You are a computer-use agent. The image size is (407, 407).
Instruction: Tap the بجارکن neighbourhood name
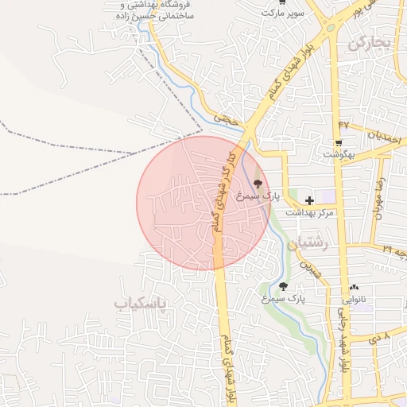point(370,44)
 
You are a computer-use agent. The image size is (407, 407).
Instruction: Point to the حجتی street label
point(231,118)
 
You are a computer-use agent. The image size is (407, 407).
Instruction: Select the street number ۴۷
point(343,124)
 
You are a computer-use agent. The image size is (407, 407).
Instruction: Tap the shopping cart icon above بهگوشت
point(339,143)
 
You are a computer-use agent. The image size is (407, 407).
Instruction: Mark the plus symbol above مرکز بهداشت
point(309,200)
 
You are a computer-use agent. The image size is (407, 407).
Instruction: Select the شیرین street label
point(316,271)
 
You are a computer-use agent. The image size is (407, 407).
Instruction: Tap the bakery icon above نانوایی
point(354,287)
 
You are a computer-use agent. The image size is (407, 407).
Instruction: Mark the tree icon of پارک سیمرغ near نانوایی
point(283,286)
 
